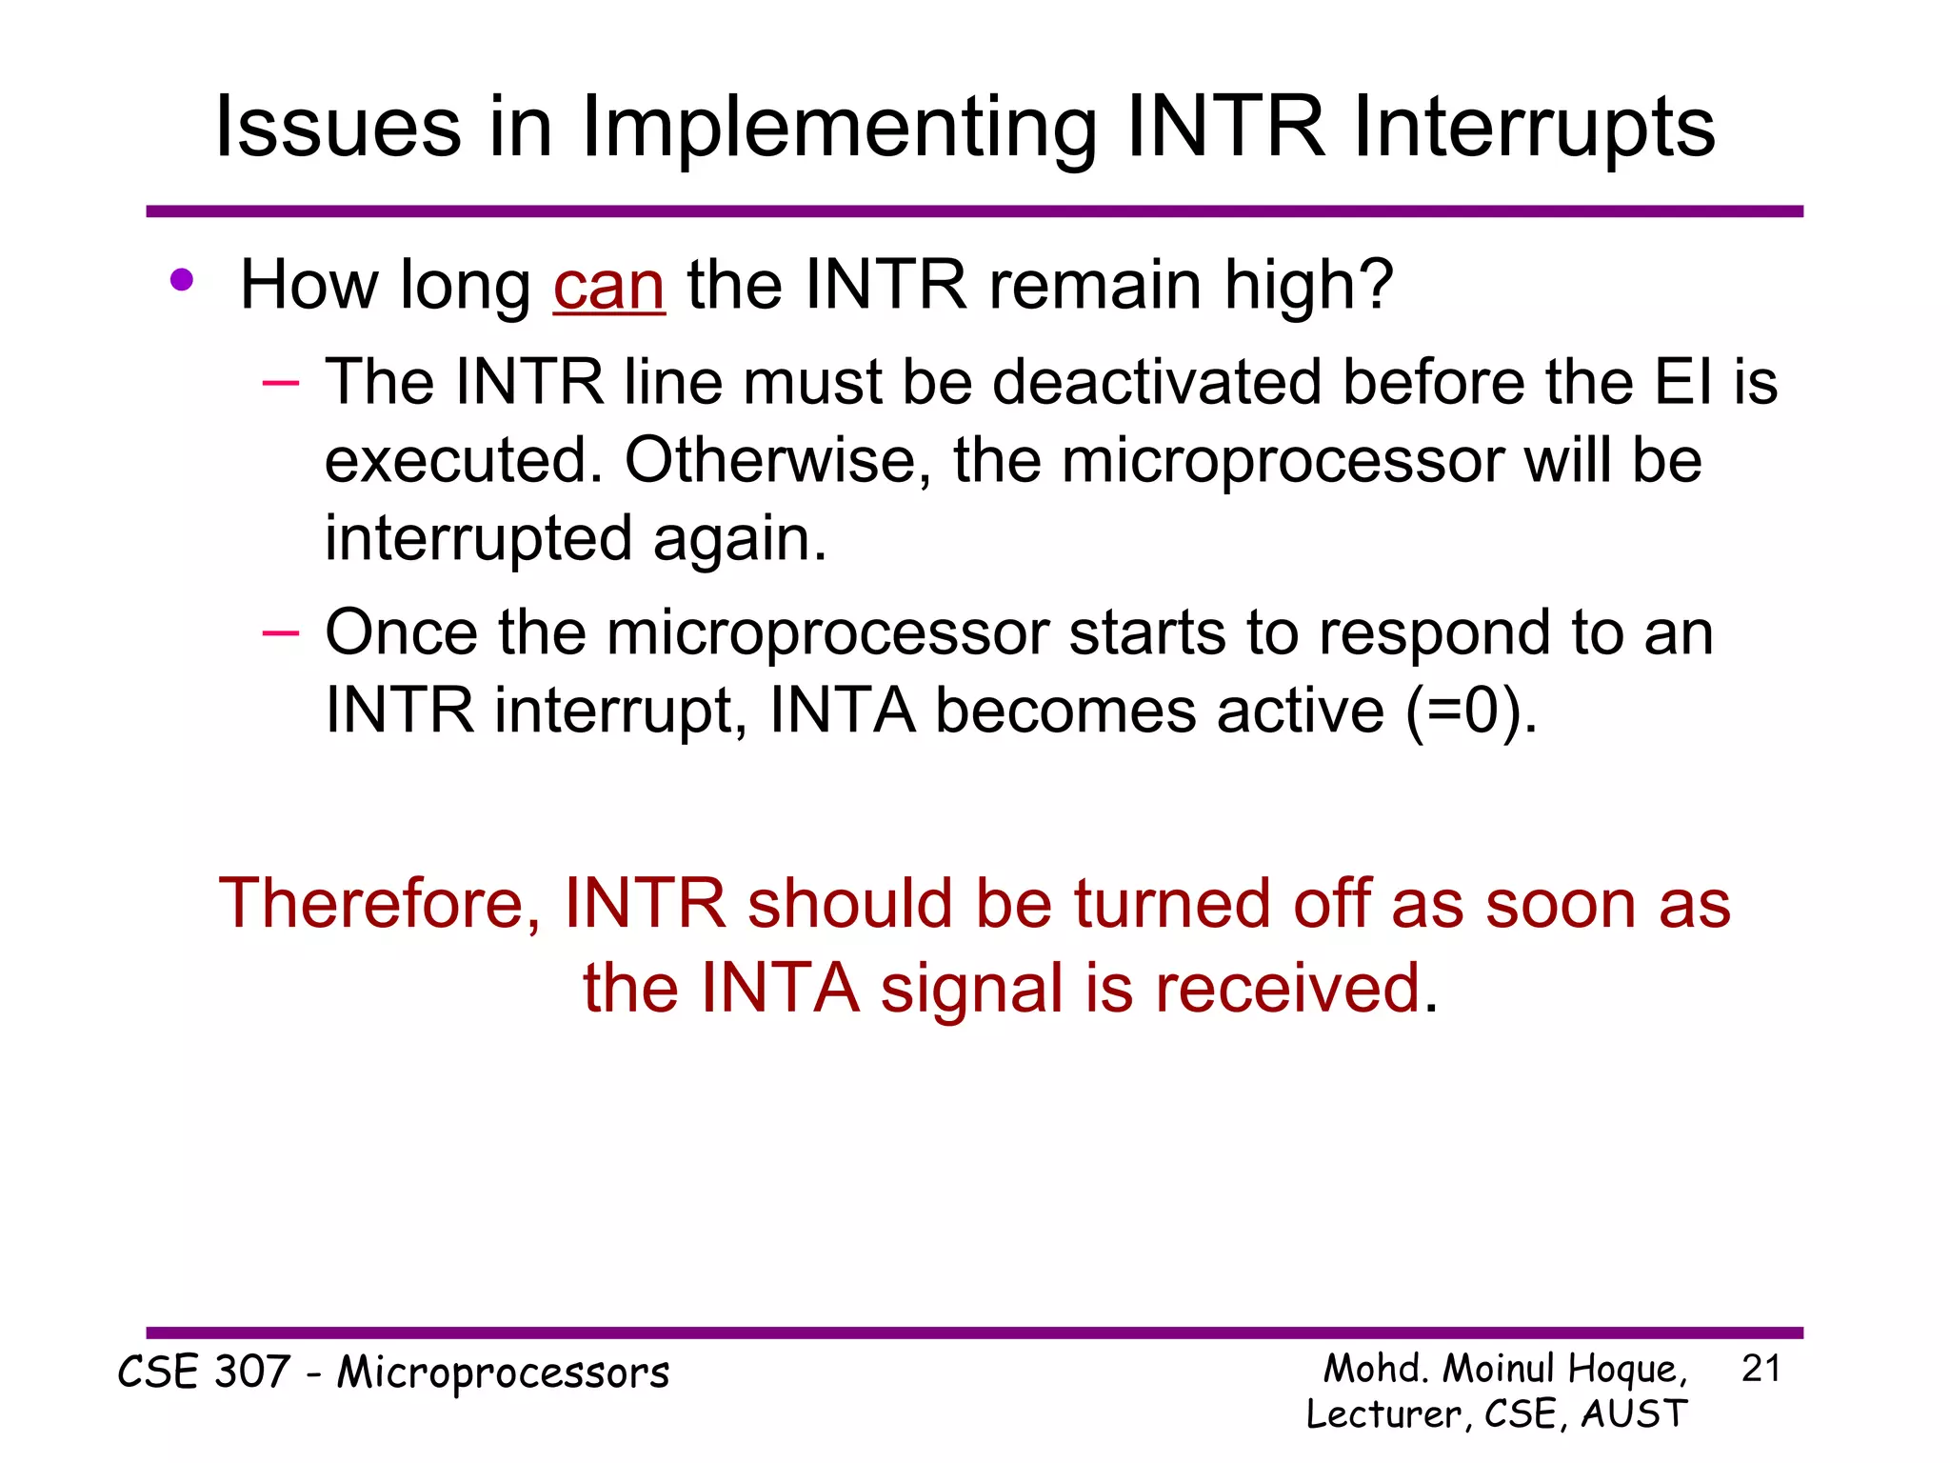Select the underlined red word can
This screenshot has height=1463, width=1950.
coord(608,286)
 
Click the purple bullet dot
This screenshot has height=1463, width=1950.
coord(182,281)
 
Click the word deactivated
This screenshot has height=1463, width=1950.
coord(1157,383)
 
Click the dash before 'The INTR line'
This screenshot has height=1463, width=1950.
coord(281,383)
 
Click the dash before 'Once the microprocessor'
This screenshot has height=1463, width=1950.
coord(281,632)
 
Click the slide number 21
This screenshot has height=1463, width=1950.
coord(1761,1369)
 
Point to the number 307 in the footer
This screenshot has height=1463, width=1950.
coord(251,1373)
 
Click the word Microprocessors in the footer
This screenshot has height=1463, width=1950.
coord(503,1373)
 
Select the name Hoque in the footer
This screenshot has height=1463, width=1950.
coord(1626,1370)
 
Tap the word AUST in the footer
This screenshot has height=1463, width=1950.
coord(1634,1414)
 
